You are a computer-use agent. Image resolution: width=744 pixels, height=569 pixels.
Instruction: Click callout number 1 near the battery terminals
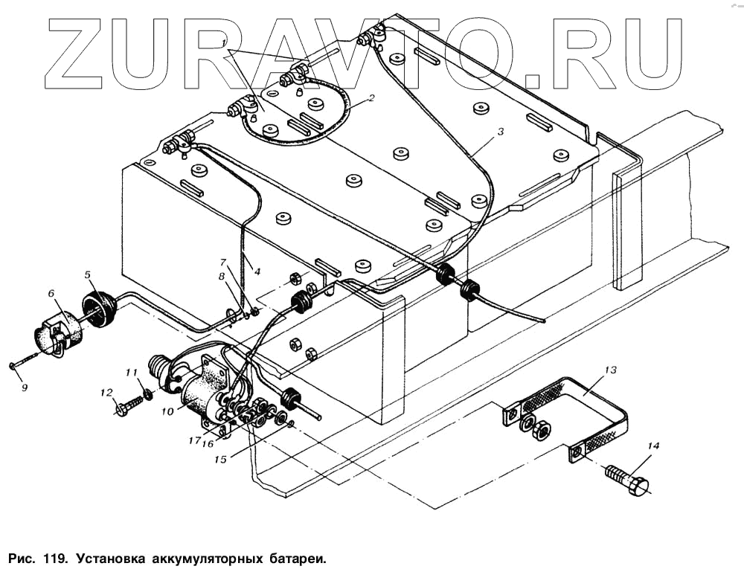coord(224,44)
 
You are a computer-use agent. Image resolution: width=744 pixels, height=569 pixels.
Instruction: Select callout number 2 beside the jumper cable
coord(371,97)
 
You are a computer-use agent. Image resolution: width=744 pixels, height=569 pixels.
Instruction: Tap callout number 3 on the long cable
coord(501,131)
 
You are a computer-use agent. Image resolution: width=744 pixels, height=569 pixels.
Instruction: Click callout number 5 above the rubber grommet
coord(87,275)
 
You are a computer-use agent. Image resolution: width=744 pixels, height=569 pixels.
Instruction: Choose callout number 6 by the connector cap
coord(52,293)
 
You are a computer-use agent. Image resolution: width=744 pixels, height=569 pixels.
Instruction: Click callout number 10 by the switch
coord(168,410)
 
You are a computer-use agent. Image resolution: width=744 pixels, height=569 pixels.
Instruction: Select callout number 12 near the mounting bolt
coord(106,392)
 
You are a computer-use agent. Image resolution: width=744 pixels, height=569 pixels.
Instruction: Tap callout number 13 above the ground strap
coord(610,370)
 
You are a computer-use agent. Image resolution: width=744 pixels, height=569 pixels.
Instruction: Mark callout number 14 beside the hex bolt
coord(653,446)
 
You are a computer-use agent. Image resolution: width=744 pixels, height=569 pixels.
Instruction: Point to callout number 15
coord(220,459)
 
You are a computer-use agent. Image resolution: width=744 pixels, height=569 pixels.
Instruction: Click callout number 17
coord(194,440)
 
